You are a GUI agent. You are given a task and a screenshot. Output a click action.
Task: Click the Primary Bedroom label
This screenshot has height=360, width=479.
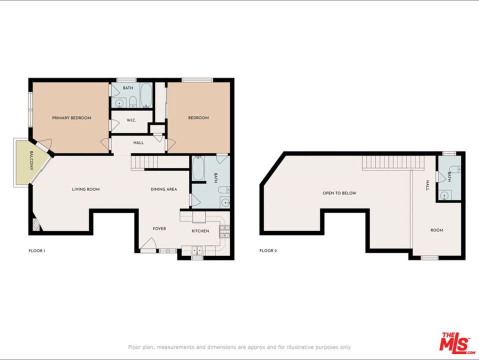[71, 118]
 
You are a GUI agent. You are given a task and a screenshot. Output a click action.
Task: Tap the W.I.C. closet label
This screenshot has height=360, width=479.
[131, 120]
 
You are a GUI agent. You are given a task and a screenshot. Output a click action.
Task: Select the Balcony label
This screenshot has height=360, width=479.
[31, 160]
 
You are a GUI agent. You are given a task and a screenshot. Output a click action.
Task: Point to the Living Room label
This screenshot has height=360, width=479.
[86, 189]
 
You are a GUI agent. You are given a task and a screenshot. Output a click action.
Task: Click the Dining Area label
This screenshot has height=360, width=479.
[163, 189]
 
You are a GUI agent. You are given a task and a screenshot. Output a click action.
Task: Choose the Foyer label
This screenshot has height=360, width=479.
[159, 228]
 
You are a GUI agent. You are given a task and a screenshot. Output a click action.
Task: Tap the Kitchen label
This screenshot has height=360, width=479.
[200, 231]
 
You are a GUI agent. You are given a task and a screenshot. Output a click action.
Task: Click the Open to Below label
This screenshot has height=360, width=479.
[339, 193]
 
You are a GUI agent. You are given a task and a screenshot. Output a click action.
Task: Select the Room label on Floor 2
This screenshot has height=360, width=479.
[437, 230]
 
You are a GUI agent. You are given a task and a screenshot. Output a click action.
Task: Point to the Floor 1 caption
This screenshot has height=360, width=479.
[37, 251]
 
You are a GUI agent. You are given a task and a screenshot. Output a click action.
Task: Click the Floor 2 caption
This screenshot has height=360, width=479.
[268, 250]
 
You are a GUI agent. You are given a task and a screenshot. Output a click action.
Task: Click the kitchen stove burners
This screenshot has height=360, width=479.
[224, 231]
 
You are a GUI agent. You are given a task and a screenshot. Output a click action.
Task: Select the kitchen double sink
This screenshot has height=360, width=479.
[196, 250]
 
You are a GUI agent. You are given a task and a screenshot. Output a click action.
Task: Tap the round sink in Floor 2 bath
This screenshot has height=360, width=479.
[444, 194]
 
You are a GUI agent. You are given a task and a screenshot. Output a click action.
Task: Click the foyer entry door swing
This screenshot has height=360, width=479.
[148, 245]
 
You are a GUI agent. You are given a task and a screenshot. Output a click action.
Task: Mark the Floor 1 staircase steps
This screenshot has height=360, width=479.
[144, 162]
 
